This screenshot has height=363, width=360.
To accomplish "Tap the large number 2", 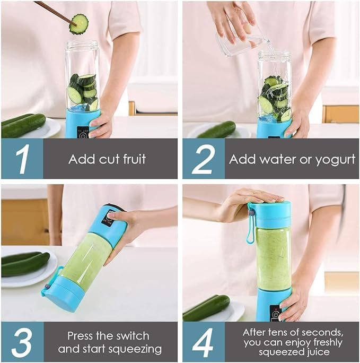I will tap(203, 159).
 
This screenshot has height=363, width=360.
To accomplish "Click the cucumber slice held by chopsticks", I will tap(79, 23).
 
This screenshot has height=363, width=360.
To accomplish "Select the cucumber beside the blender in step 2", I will tap(218, 129).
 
